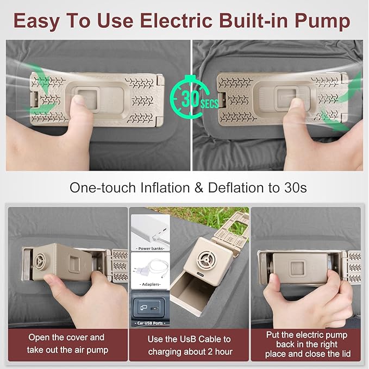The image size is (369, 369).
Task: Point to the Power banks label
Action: coord(151,248)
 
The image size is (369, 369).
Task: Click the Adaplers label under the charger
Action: coord(151,284)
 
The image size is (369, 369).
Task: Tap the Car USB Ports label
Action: coord(150,323)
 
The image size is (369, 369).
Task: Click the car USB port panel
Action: coord(148,308)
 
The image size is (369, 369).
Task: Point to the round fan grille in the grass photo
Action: coord(207,260)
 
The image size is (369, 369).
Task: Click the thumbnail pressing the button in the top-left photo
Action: coord(79,100)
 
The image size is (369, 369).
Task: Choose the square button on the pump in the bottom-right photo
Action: coord(298,268)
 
